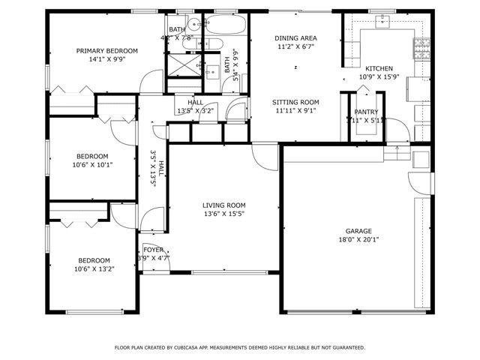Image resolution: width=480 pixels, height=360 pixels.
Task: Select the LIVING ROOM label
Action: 223,205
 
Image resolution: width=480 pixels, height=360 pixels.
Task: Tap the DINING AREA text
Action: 295,37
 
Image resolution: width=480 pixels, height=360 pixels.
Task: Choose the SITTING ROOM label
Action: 295,102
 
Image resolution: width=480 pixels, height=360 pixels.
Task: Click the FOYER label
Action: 153,250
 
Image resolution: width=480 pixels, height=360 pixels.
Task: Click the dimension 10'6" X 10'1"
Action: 90,165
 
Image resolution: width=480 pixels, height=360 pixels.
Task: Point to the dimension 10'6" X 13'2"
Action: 94,269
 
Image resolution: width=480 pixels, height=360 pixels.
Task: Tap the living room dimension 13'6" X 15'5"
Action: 223,214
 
